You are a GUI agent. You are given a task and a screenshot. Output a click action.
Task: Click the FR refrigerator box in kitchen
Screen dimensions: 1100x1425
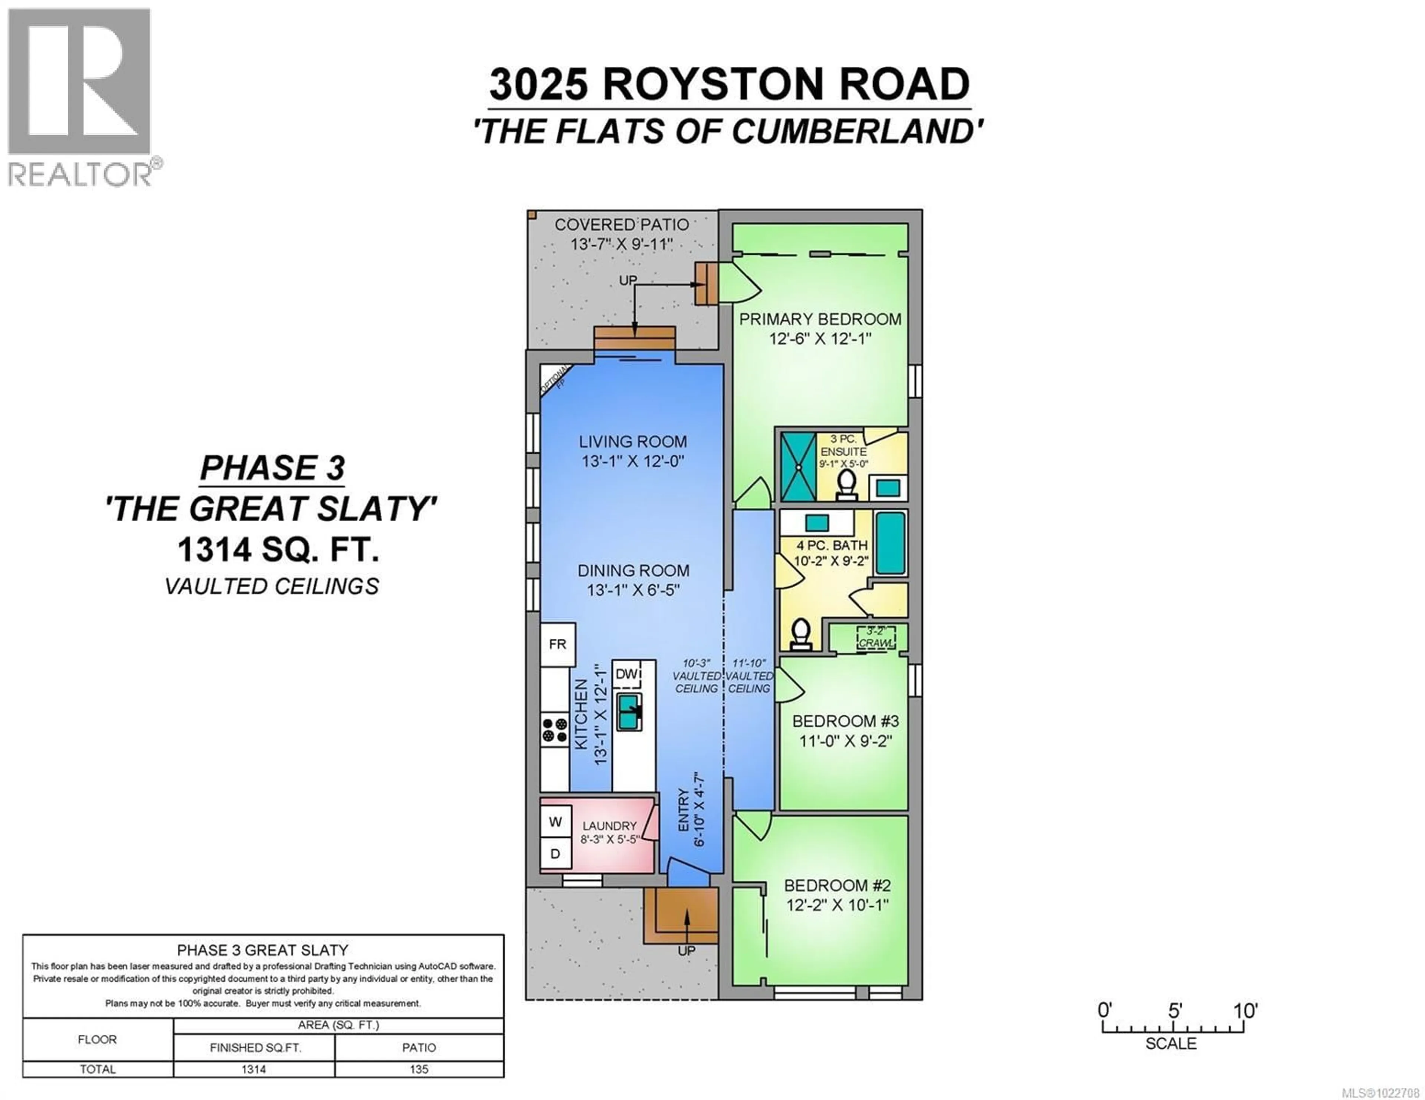tap(557, 644)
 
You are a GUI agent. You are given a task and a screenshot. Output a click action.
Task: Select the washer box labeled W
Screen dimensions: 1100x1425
tap(555, 822)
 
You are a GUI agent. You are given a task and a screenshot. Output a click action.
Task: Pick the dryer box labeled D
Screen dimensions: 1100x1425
tap(555, 853)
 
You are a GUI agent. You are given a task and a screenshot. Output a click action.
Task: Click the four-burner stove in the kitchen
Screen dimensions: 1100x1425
tap(555, 730)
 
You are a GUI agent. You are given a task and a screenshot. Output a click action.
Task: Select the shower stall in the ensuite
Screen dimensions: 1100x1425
tap(799, 466)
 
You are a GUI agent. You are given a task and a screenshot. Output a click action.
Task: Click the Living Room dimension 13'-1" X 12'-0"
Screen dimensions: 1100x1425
tap(632, 461)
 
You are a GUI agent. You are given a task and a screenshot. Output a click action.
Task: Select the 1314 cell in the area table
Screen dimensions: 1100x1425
tap(254, 1069)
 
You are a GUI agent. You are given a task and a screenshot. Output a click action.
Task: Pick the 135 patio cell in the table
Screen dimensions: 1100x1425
tap(419, 1069)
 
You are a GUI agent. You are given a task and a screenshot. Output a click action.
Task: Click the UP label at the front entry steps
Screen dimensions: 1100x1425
tap(687, 951)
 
